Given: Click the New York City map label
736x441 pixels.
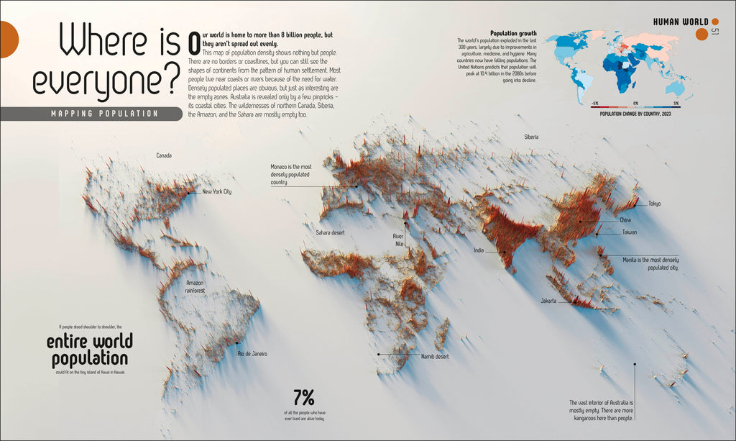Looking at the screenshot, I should coord(217,192).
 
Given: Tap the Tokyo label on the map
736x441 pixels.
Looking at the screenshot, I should coord(654,204).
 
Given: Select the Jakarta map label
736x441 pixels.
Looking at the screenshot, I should coord(548,301).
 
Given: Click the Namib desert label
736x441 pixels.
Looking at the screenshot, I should coord(435,356).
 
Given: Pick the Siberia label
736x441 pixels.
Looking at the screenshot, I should coord(531,137).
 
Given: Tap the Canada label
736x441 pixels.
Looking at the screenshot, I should coord(164,155).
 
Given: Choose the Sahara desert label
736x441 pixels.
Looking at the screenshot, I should coord(330,233).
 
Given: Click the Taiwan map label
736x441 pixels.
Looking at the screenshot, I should coord(629,232).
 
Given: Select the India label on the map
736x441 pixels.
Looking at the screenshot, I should coord(479,250).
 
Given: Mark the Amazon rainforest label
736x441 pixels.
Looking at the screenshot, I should coord(195,286).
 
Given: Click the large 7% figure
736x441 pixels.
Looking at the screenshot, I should coord(304,397).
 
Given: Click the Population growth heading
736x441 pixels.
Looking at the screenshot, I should coord(512,33).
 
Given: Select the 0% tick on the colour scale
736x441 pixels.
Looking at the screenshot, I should coord(635,104).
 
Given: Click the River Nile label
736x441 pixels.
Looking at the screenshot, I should coord(398,240).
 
